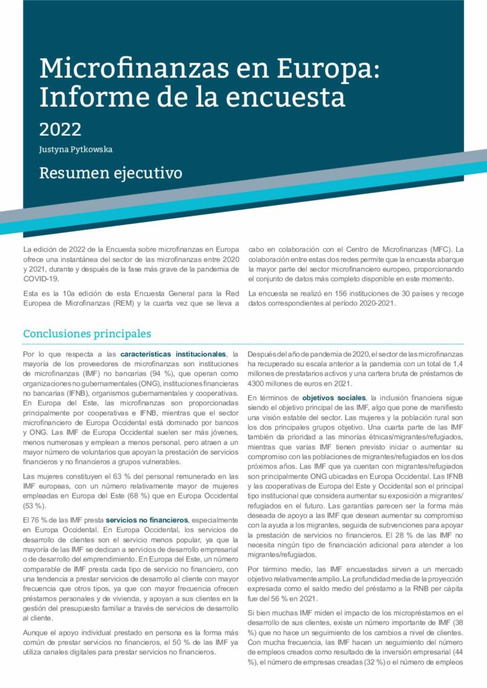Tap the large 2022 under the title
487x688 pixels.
(x=61, y=128)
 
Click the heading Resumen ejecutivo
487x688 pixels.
(x=111, y=173)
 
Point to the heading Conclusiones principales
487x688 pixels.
(x=87, y=334)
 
